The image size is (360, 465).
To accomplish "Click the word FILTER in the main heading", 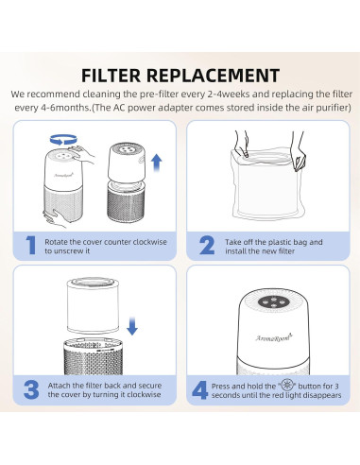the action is click(111, 76).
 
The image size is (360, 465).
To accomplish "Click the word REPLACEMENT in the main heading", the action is click(213, 76).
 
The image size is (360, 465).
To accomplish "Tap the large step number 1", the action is click(30, 245).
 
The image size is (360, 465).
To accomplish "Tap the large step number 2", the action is click(207, 246).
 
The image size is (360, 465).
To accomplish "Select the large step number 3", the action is click(31, 389).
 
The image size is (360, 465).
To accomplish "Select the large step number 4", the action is click(200, 390).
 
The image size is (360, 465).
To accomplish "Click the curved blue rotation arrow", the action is click(63, 140).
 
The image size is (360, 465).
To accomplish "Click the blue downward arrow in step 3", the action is click(132, 326).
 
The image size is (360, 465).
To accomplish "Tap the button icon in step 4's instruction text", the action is click(286, 386).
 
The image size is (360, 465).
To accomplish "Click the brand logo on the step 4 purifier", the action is click(273, 337).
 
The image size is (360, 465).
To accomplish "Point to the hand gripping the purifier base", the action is click(56, 217).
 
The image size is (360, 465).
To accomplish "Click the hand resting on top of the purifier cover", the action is click(82, 153).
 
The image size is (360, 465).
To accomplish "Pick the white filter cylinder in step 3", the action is click(94, 305).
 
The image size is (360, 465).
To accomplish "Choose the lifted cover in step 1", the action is click(127, 163).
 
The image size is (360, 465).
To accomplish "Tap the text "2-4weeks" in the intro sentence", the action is click(229, 95).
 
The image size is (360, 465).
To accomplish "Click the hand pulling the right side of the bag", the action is click(298, 151).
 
